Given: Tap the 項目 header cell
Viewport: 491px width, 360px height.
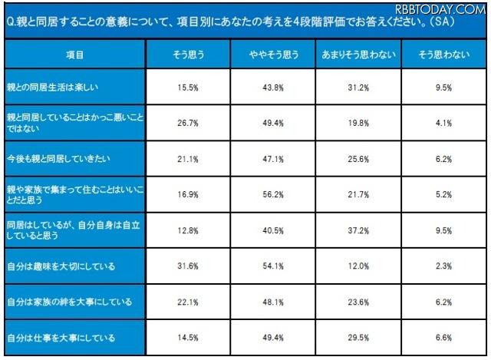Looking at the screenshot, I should click(75, 56).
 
